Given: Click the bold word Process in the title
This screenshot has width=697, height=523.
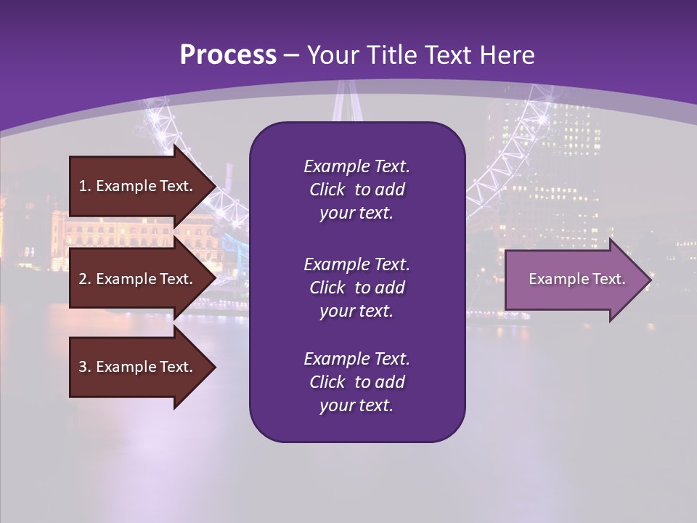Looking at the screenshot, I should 228,55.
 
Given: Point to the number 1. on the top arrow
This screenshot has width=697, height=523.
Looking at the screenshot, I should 85,186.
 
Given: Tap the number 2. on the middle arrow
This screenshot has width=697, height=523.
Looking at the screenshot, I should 85,279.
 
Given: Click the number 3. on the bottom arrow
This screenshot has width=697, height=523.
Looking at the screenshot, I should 85,367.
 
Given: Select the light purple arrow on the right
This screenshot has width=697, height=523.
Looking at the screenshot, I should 574,280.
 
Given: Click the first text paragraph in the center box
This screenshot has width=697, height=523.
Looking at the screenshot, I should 356,190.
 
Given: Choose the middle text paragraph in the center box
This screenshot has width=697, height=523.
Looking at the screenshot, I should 356,288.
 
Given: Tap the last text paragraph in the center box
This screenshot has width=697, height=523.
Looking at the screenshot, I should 356,382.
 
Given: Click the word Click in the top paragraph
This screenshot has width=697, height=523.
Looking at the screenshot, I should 327,190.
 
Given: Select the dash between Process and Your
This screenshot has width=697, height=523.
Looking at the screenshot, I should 292,55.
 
